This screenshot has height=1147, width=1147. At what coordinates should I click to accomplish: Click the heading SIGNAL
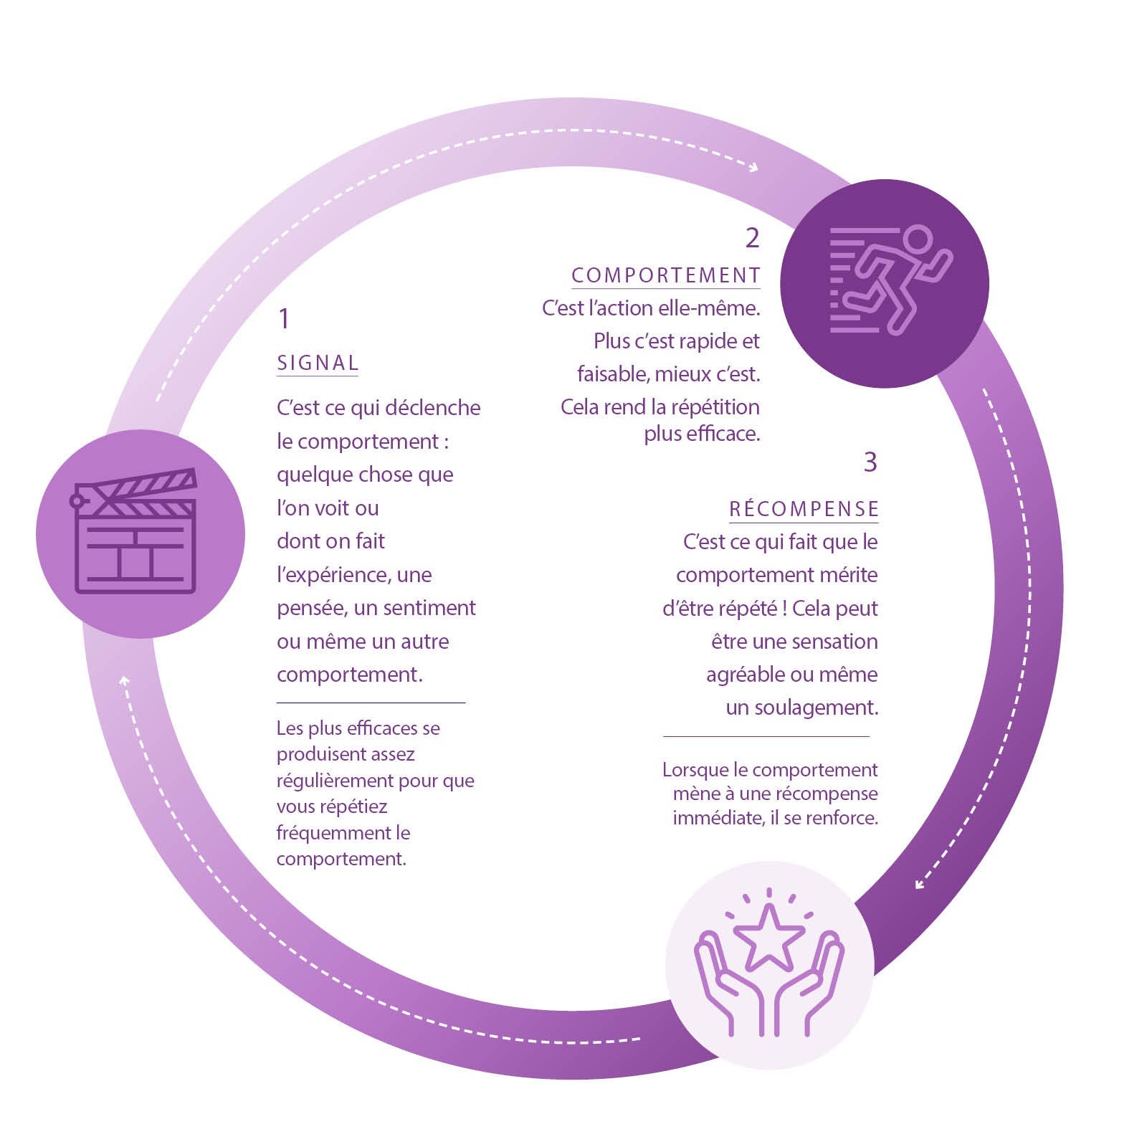click(x=318, y=363)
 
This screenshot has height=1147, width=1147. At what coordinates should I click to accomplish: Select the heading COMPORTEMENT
click(x=666, y=275)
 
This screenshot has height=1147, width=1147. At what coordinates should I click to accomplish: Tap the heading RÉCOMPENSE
click(x=804, y=509)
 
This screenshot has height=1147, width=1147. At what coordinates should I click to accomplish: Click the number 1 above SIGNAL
click(x=284, y=318)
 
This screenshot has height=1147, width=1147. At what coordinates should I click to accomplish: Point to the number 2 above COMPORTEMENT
click(x=752, y=237)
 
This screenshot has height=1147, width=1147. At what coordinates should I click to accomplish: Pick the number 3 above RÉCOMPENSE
click(x=870, y=462)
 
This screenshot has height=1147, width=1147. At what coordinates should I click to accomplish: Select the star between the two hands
click(x=768, y=936)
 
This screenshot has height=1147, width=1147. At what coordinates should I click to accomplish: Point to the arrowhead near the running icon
click(x=753, y=168)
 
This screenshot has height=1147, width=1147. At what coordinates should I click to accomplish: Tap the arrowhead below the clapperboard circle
click(x=125, y=680)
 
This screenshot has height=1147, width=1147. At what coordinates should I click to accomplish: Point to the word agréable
click(x=746, y=675)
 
